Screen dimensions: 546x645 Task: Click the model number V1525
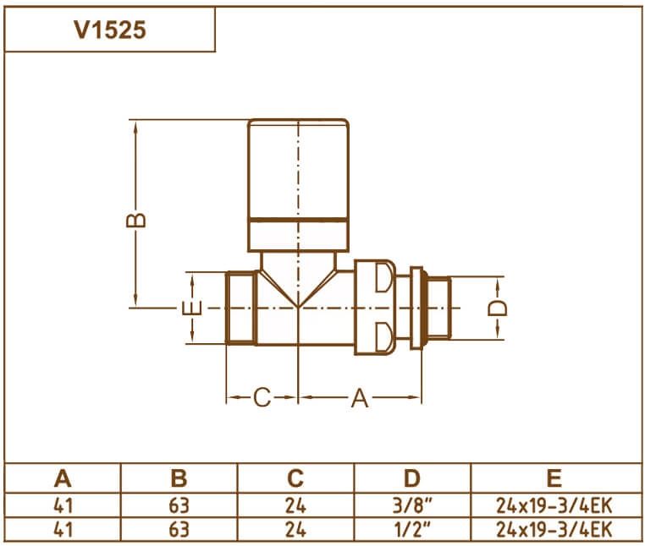(x=110, y=30)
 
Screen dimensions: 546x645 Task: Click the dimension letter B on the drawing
(x=136, y=220)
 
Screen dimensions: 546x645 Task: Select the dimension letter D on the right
(x=499, y=308)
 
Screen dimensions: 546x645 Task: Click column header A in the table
(x=63, y=478)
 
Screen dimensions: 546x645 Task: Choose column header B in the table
(x=179, y=478)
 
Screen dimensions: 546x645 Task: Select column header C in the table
(x=295, y=478)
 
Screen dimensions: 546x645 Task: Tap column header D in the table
(x=411, y=478)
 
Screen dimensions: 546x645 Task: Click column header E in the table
(x=554, y=478)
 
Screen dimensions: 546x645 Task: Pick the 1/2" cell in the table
(x=411, y=530)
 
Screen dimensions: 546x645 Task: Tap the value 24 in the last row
(x=295, y=530)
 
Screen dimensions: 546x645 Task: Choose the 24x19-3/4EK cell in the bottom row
(x=554, y=530)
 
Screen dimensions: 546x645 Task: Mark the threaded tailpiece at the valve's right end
(x=436, y=308)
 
